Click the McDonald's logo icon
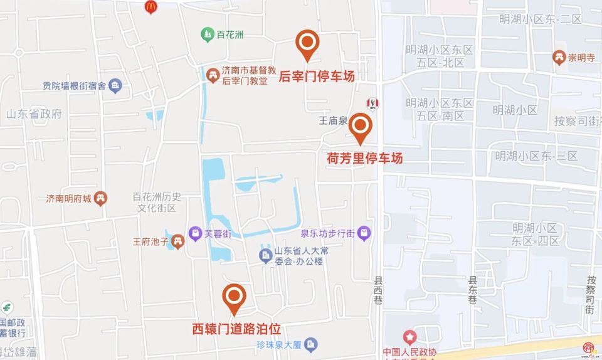pos(150,7)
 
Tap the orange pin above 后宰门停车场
pos(307,43)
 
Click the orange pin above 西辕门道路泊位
pos(235,297)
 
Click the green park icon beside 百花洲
pos(207,34)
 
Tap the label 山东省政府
pos(34,114)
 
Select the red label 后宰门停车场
pos(317,77)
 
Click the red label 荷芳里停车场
pos(365,158)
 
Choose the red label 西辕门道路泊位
pos(236,329)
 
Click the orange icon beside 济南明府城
pos(101,199)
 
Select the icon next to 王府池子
pos(178,241)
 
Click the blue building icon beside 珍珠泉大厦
pos(312,344)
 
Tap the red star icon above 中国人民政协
pos(409,337)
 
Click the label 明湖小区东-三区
pos(536,156)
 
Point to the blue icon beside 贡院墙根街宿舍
pos(115,86)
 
